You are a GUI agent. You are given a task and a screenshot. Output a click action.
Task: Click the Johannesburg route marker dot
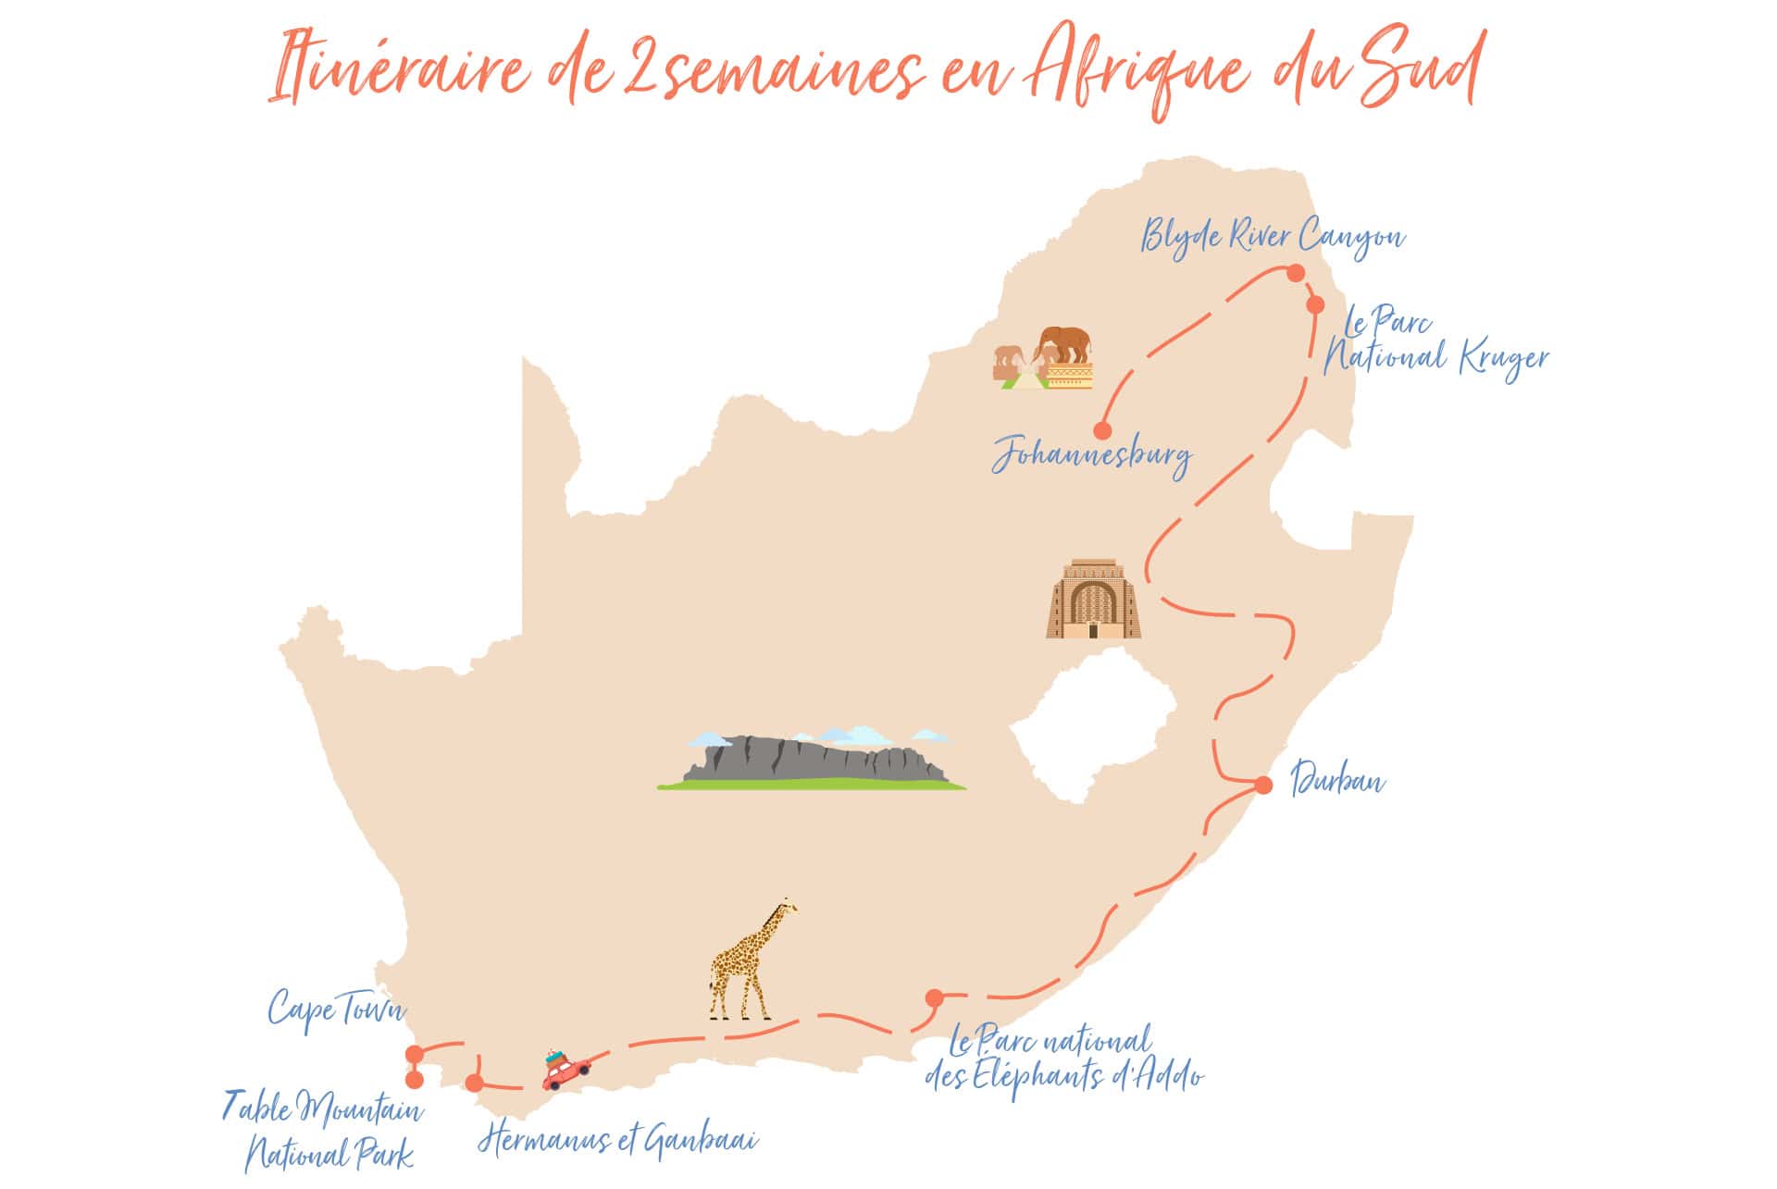1101,430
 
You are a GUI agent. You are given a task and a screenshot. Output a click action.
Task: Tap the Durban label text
1337,780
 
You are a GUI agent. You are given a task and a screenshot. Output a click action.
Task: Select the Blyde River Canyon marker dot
1295,272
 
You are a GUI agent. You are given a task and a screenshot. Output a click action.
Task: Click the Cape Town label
336,1009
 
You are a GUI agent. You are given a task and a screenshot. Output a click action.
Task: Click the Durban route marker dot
1263,785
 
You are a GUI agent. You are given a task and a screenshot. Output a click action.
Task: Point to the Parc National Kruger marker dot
1315,304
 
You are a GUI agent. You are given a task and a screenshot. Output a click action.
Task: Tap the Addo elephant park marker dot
934,997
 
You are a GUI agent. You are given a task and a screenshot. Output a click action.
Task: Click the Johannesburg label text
1092,456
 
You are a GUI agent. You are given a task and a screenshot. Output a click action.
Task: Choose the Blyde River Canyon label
1273,237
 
